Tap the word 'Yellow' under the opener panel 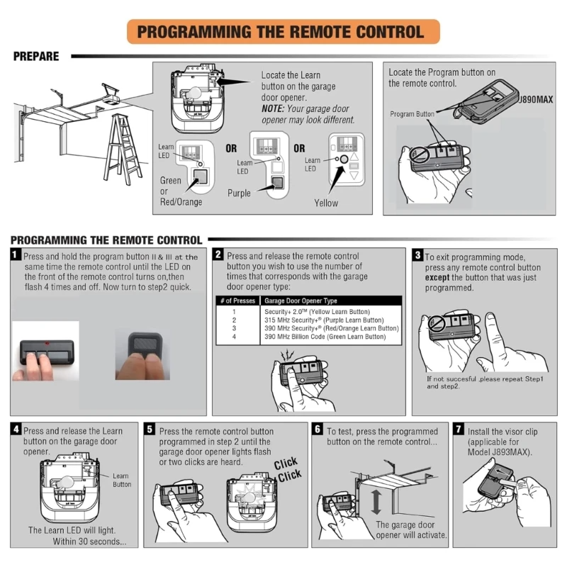(326, 203)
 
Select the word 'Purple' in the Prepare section (239, 193)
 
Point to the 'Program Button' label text (412, 114)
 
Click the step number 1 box (16, 254)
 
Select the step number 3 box (418, 254)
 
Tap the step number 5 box (150, 430)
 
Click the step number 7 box (459, 430)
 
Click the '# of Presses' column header (237, 301)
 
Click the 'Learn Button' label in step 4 (121, 480)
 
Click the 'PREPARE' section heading (36, 57)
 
